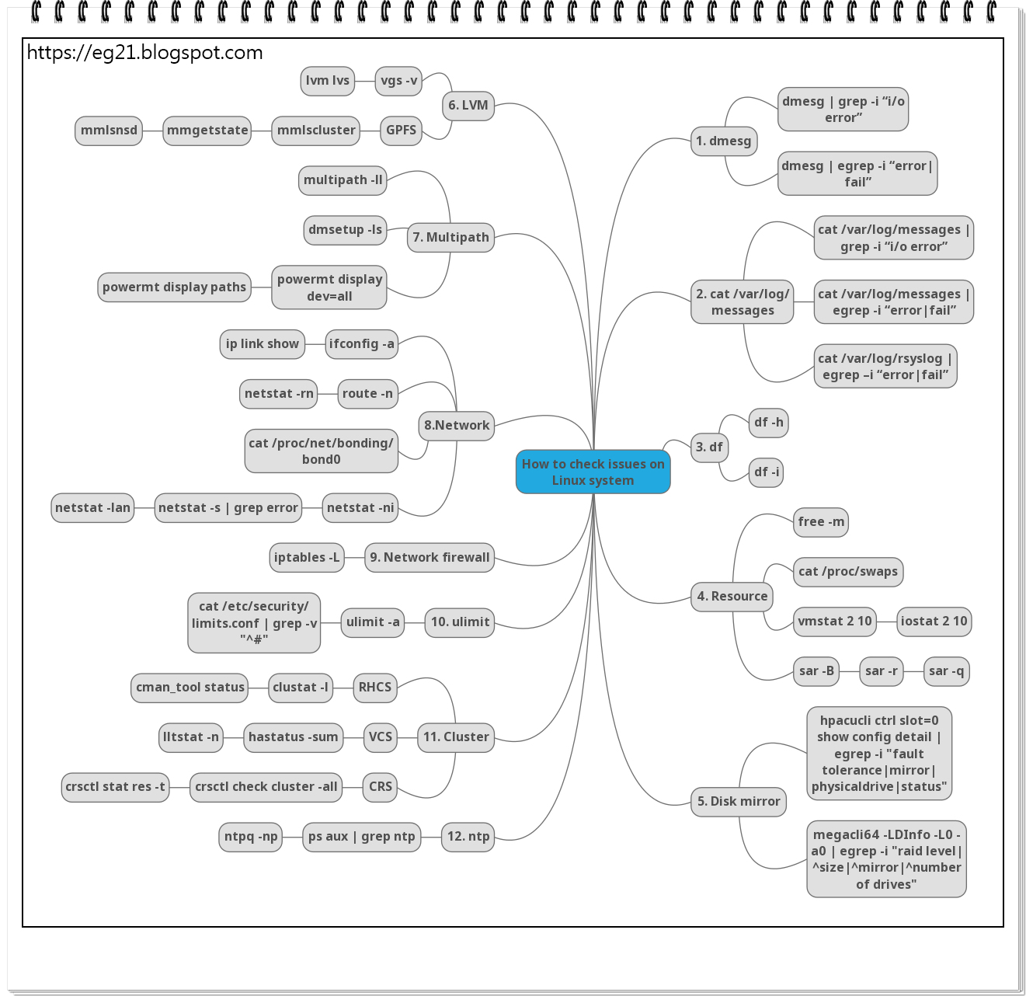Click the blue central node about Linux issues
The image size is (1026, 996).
point(593,472)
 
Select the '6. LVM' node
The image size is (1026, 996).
point(468,106)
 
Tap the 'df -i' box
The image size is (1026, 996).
point(766,472)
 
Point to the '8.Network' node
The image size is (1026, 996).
point(457,426)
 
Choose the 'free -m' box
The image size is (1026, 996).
point(821,522)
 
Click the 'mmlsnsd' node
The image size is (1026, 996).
point(109,131)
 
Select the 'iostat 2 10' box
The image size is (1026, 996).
point(934,622)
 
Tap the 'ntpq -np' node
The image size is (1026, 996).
point(251,837)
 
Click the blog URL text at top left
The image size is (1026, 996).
point(145,53)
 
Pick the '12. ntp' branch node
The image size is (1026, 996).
point(468,837)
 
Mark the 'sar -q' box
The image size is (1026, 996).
point(946,671)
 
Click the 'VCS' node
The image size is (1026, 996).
point(381,737)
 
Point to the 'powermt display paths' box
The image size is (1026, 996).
point(174,287)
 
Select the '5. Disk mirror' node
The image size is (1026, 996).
point(739,802)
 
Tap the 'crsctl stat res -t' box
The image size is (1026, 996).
point(115,787)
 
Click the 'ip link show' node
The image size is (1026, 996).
point(262,344)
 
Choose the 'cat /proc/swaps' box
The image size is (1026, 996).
point(847,572)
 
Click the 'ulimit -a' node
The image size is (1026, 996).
point(373,622)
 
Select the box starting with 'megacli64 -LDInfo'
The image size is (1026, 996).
point(886,859)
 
